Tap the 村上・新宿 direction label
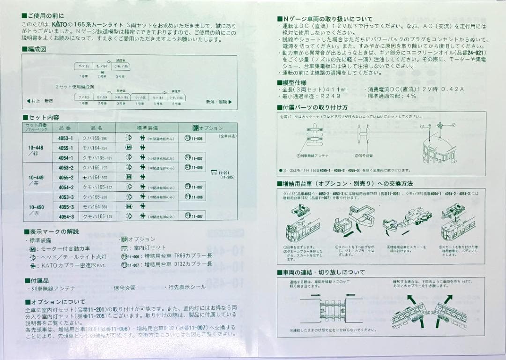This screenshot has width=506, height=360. [41, 101]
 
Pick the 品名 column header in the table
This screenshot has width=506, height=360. [97, 127]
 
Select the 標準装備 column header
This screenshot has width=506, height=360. [147, 127]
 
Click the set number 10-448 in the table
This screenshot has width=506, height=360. [36, 147]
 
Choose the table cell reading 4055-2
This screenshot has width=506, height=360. [66, 177]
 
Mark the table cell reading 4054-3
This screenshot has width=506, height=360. [66, 217]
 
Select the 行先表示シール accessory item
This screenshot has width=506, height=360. [187, 287]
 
